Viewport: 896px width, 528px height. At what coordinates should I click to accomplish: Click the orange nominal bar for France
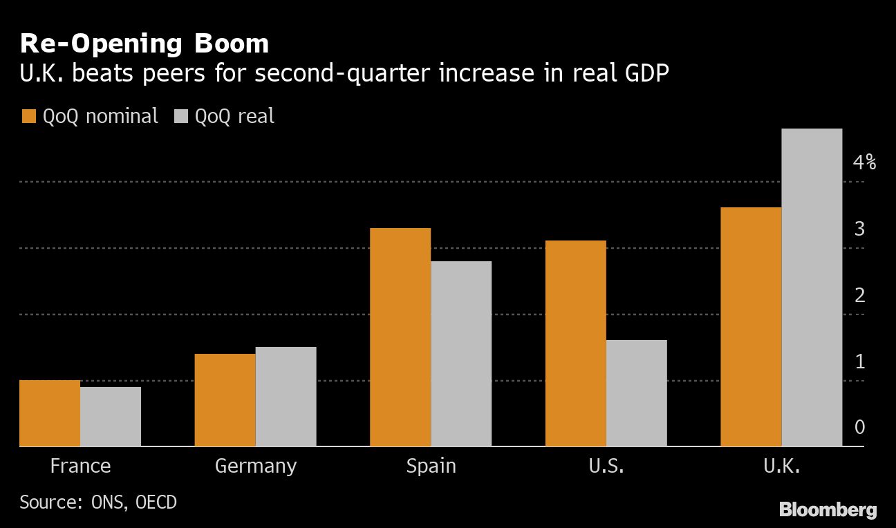tap(50, 413)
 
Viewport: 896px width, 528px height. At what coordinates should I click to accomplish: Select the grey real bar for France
tap(111, 417)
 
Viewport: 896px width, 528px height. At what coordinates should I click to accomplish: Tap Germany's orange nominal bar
tap(225, 400)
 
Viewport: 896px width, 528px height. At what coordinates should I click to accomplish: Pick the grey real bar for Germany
tap(286, 397)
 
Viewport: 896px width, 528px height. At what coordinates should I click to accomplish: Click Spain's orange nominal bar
tap(400, 337)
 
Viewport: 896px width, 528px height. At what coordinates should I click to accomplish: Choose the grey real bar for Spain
tap(461, 354)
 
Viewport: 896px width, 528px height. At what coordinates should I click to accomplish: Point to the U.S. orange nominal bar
tap(576, 343)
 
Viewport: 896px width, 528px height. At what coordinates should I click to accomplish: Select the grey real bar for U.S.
tap(637, 393)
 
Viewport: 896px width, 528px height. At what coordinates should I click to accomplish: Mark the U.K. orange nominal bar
tap(751, 327)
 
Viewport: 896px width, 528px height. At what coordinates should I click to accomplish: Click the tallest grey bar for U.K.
tap(812, 287)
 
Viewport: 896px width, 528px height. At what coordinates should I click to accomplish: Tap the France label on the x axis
tap(80, 466)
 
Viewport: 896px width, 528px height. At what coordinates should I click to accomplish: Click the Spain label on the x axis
tap(431, 466)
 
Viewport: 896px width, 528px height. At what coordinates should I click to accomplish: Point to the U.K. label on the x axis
tap(781, 466)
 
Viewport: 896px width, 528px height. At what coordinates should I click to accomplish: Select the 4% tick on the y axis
tap(864, 163)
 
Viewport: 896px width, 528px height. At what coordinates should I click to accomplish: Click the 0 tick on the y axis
tap(859, 427)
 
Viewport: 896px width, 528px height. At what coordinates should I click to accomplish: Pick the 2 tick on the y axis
tap(859, 295)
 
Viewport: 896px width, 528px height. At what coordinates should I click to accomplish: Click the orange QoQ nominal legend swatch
tap(28, 116)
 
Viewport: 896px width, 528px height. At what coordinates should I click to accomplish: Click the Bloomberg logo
tap(828, 510)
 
